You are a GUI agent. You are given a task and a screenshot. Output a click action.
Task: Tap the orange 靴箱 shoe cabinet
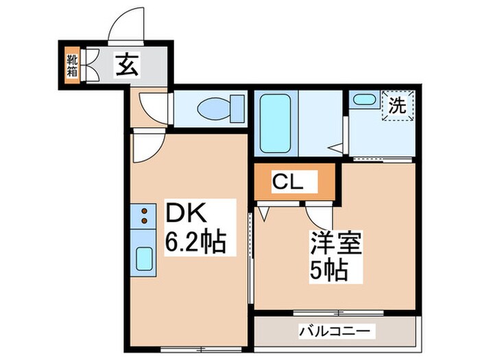tap(71, 64)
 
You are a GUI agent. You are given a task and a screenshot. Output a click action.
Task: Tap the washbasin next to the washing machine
tap(360, 99)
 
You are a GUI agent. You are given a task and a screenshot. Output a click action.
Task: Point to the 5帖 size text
tap(328, 269)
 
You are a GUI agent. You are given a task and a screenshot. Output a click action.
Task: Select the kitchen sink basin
tap(145, 259)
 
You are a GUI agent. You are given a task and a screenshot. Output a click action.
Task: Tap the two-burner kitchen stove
tap(145, 215)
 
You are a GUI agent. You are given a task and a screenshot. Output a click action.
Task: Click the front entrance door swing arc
tap(126, 27)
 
